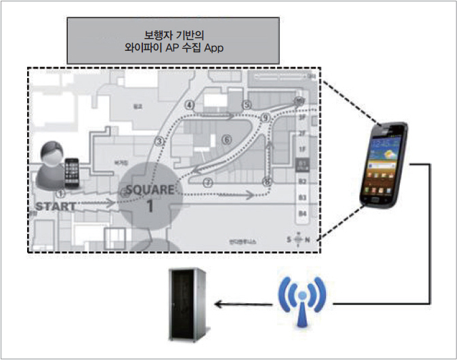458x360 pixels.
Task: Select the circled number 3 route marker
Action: (x=160, y=141)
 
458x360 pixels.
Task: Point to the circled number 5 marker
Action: (x=247, y=105)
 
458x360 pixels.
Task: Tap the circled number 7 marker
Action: (x=208, y=182)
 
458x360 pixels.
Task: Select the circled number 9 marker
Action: (x=266, y=118)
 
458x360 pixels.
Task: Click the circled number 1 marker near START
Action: (x=60, y=193)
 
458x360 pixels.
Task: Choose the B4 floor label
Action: (x=302, y=214)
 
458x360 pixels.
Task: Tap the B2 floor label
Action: (x=302, y=182)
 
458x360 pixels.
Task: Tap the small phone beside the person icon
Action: (x=71, y=172)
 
